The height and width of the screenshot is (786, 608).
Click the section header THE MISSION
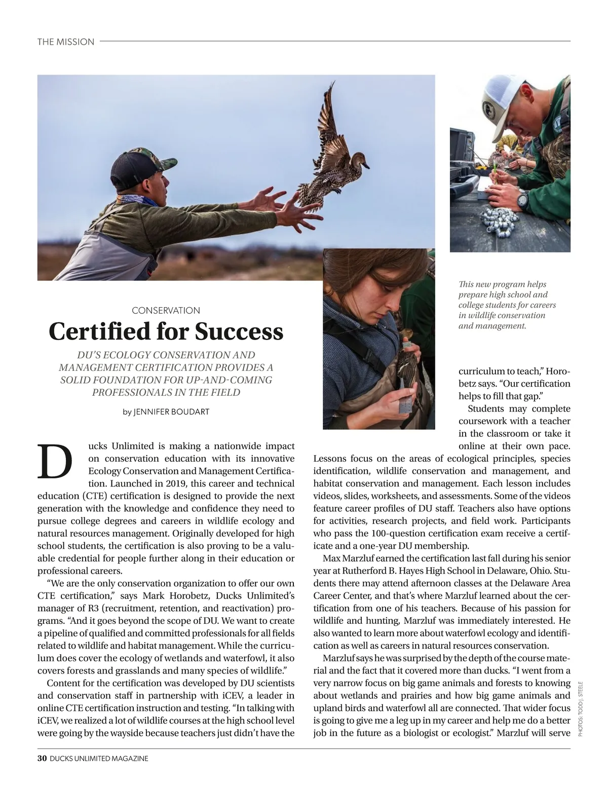pos(66,42)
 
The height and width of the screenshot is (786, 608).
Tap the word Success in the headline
pos(239,331)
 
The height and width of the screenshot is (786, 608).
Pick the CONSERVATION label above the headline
pos(166,310)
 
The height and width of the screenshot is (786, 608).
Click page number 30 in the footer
pos(42,759)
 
